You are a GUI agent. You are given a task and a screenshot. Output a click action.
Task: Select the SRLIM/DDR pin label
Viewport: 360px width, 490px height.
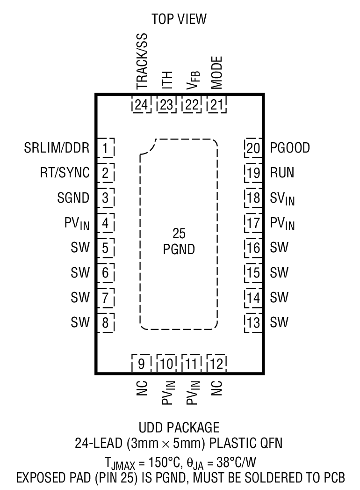pos(57,148)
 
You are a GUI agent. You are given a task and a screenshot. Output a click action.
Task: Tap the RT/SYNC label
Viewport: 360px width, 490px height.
pos(65,173)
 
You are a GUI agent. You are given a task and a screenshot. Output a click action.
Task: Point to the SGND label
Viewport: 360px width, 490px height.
pos(74,198)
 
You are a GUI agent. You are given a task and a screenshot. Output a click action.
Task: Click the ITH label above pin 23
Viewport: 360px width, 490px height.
pos(166,80)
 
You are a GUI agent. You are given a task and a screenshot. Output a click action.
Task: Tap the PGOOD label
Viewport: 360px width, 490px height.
pos(290,148)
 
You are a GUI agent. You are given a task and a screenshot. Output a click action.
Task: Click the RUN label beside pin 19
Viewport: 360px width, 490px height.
pos(282,173)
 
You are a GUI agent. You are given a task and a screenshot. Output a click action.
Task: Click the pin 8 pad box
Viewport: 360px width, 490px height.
pos(106,322)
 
